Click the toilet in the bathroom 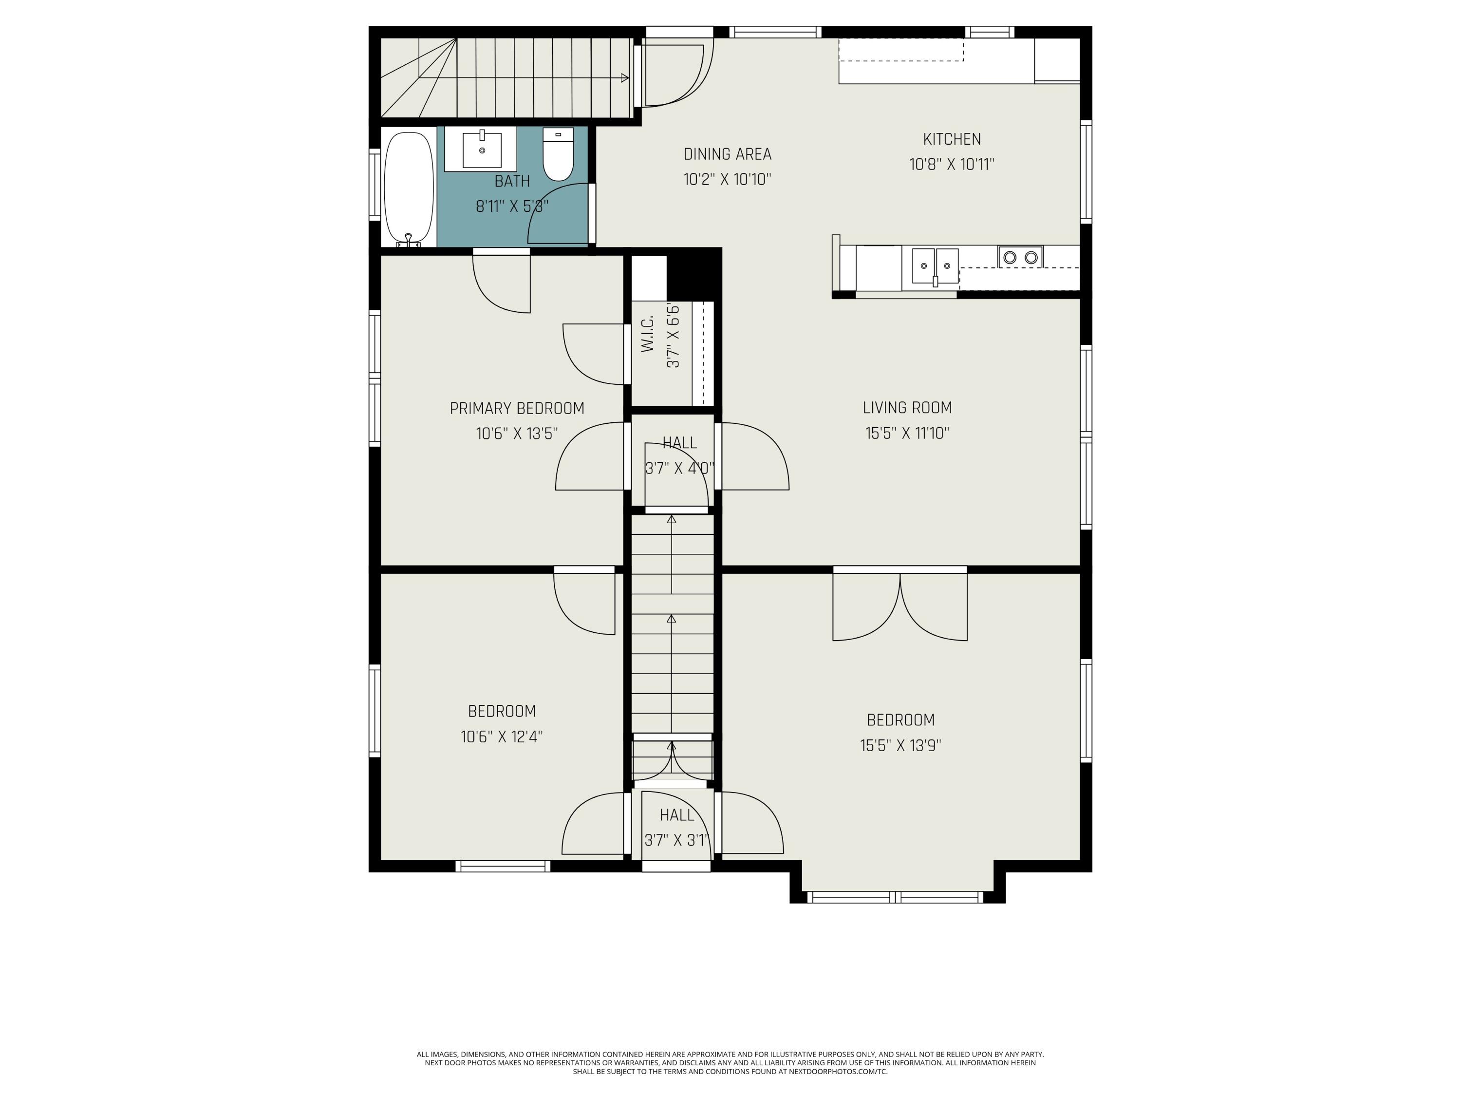(558, 154)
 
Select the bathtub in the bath (409, 189)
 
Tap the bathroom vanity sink (482, 150)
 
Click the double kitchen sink (935, 266)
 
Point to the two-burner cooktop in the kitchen (1020, 257)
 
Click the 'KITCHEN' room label (952, 139)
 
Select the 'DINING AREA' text (727, 154)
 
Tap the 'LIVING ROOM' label (907, 408)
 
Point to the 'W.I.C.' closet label (647, 334)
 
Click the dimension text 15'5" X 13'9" (900, 745)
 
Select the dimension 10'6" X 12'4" (502, 737)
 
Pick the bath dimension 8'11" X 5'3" (512, 206)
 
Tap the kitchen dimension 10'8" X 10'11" (952, 165)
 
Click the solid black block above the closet (693, 275)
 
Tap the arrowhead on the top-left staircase (625, 78)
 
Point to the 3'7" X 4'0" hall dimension (680, 469)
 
